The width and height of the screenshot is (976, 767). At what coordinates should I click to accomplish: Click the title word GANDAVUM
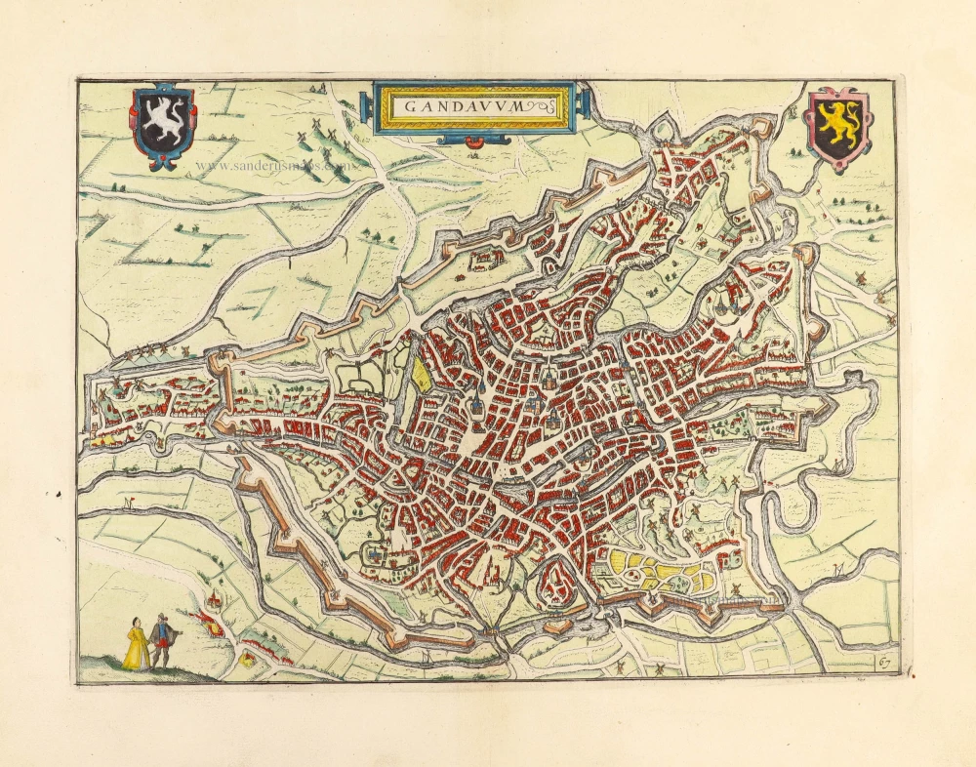[x=467, y=106]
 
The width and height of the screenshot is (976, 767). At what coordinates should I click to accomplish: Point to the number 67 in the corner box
[x=884, y=663]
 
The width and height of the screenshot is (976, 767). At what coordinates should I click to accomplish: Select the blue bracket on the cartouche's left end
[x=369, y=105]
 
